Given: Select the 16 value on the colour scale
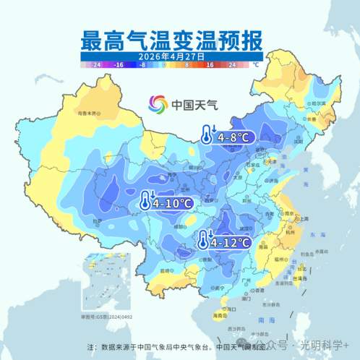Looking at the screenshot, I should click(x=210, y=64).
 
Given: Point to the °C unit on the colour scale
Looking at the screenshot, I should click(x=254, y=64).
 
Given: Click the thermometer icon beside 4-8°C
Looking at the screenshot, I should click(x=207, y=134).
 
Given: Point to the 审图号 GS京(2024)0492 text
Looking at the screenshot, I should click(x=107, y=317).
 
